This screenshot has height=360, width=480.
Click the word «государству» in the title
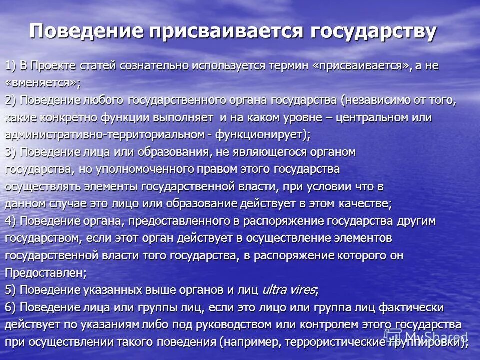pyautogui.click(x=373, y=32)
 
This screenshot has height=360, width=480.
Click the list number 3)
pyautogui.click(x=11, y=152)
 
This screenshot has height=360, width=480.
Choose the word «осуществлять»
pyautogui.click(x=37, y=187)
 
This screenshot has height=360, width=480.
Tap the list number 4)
pyautogui.click(x=11, y=221)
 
